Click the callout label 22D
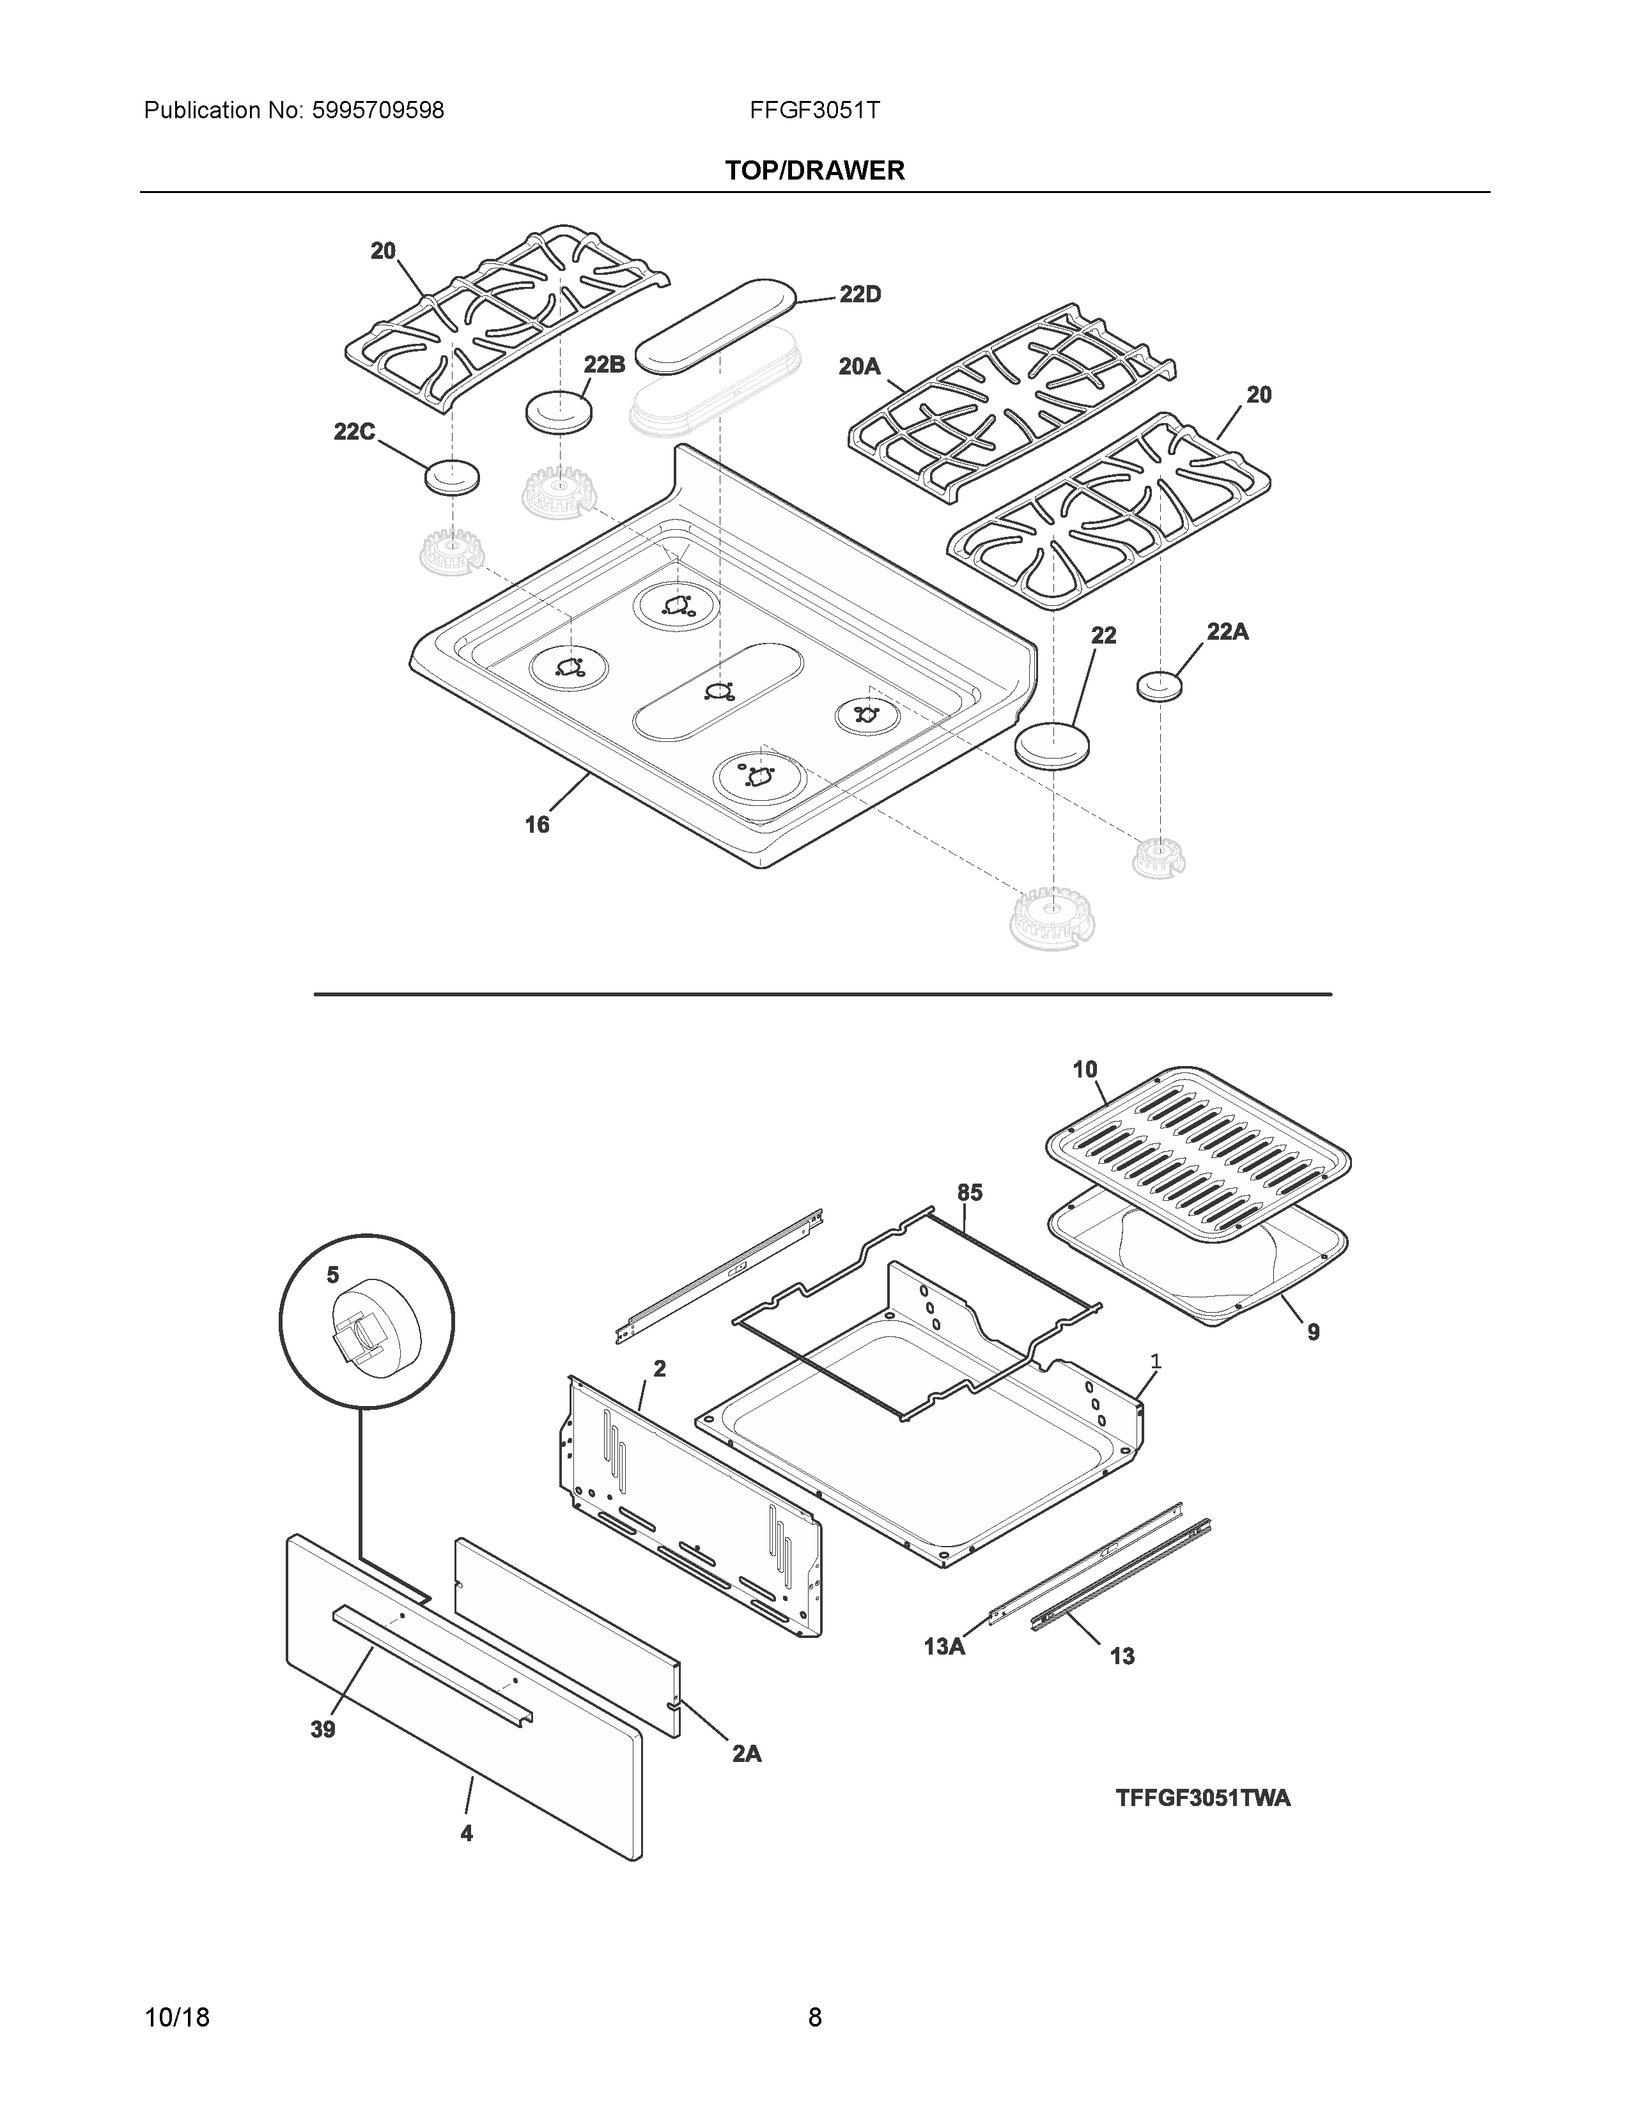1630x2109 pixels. (x=859, y=295)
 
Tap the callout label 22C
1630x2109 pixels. (x=354, y=431)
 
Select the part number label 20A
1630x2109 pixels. (x=858, y=367)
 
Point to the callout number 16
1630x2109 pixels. (x=537, y=824)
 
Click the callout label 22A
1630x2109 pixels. (x=1227, y=631)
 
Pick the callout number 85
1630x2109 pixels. (x=970, y=1193)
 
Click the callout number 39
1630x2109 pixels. (x=323, y=1729)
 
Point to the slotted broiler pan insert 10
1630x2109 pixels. (x=1197, y=1149)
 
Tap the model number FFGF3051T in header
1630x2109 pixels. (x=814, y=110)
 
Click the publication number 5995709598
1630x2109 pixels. (x=378, y=110)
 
